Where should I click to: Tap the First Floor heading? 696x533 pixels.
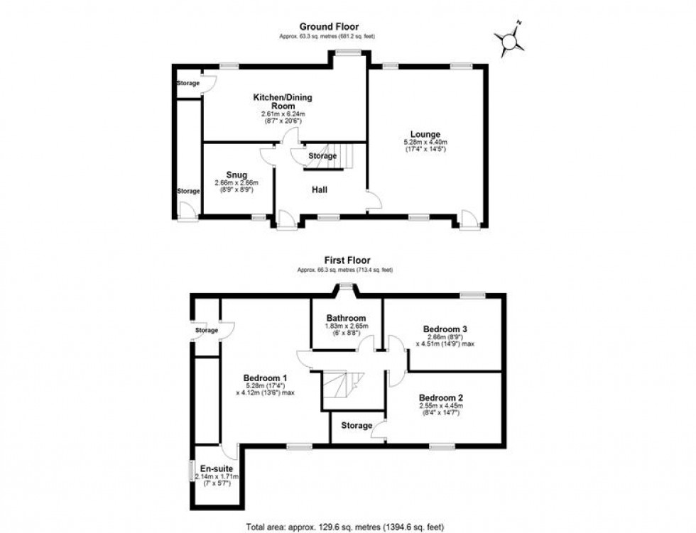348,260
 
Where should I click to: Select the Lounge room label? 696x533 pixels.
425,134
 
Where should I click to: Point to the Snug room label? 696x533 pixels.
236,175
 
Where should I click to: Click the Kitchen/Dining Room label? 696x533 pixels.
283,101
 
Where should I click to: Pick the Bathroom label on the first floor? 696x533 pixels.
346,318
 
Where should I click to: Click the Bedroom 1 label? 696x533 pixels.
265,377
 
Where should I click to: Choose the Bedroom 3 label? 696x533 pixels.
445,329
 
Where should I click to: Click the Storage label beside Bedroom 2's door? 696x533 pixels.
356,426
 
